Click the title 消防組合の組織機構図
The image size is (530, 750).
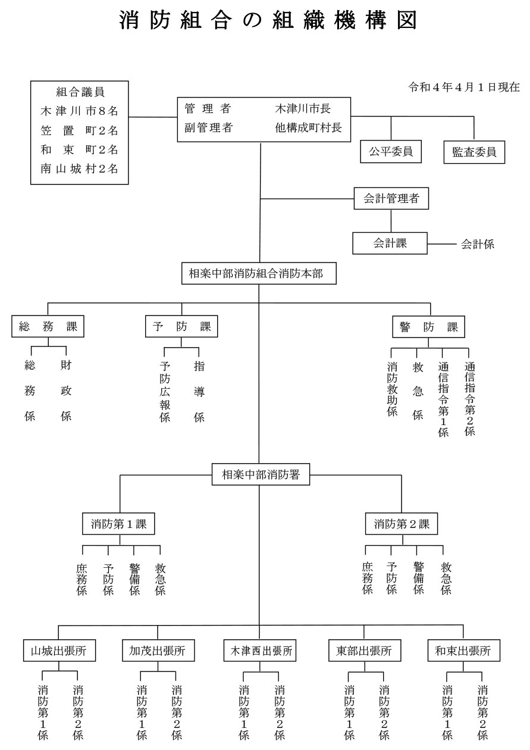click(268, 20)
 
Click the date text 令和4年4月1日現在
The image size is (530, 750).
click(464, 87)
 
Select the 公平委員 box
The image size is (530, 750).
click(391, 152)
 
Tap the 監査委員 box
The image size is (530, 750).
click(474, 152)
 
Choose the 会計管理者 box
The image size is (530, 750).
click(391, 199)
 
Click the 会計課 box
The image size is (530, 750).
click(390, 243)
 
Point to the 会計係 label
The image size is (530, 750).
click(478, 244)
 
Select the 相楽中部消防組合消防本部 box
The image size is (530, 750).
click(259, 273)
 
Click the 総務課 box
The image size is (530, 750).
click(48, 326)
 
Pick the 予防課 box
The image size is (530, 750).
click(181, 326)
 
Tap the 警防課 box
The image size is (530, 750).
click(429, 326)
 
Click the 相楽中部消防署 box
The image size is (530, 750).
click(261, 474)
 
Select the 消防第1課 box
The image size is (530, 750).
click(118, 524)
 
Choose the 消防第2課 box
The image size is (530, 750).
click(401, 524)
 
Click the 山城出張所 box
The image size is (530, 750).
click(59, 651)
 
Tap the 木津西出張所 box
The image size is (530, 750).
click(260, 651)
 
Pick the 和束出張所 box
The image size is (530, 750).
click(464, 651)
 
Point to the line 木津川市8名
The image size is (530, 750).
click(79, 111)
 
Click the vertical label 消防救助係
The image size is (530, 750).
click(392, 389)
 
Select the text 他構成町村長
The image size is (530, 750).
click(308, 127)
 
